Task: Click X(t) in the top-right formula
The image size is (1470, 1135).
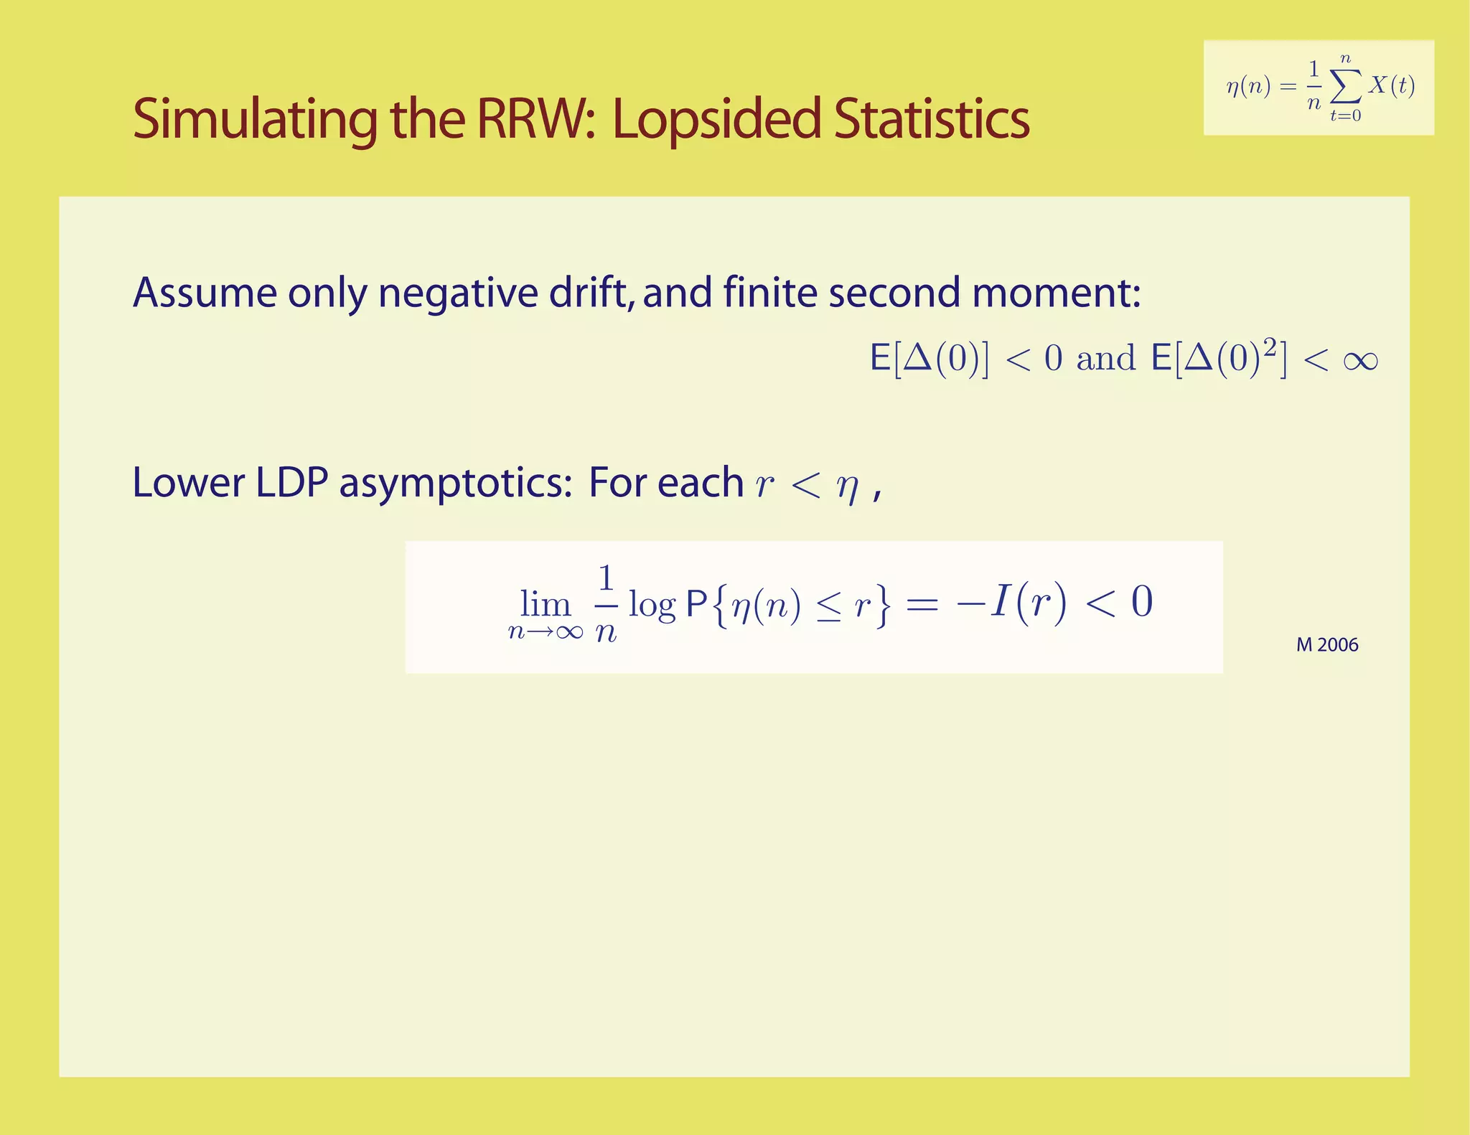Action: (1391, 85)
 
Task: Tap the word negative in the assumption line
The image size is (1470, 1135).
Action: (458, 293)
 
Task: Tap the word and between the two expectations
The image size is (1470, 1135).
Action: (1105, 359)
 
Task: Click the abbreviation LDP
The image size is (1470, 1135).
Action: (292, 482)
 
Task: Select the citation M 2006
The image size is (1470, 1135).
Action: (1327, 645)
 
